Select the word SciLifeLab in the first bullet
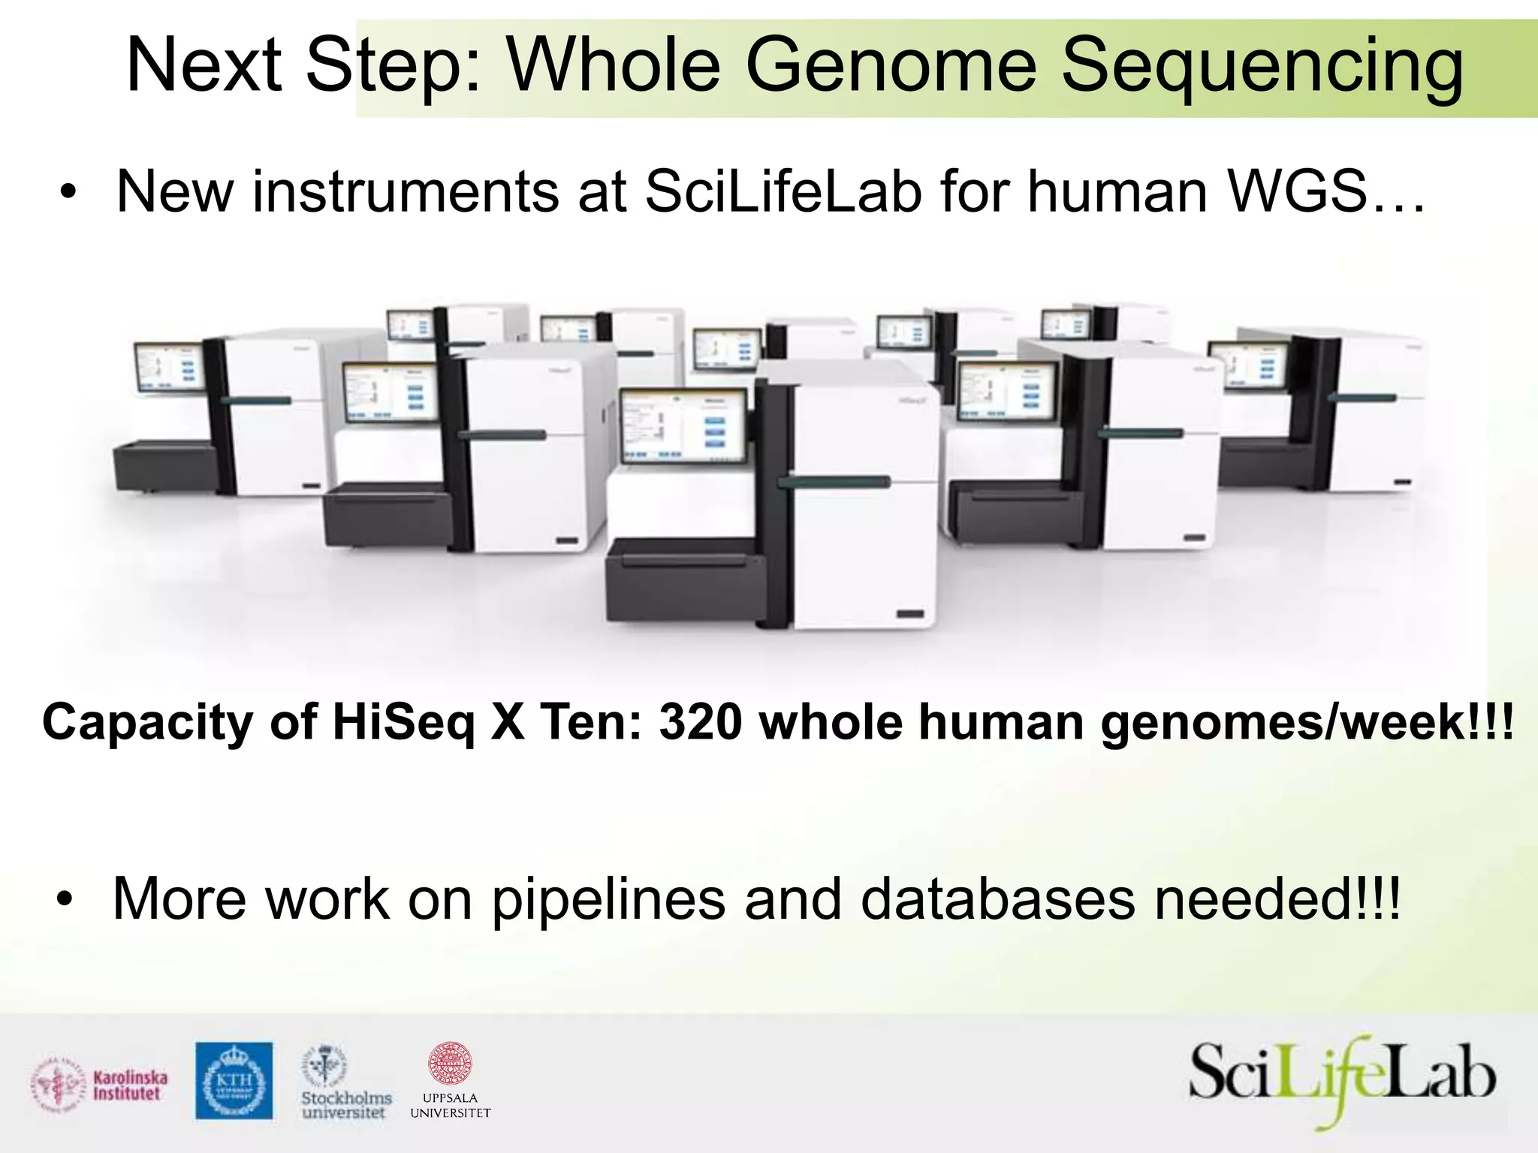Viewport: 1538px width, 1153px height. (783, 191)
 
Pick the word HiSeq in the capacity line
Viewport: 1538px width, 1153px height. (403, 722)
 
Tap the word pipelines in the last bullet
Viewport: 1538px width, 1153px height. (608, 899)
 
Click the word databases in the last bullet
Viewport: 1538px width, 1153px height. (997, 899)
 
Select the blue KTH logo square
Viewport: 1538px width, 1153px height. (234, 1080)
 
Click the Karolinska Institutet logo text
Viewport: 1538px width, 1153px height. (130, 1085)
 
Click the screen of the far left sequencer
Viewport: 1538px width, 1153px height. (169, 368)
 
